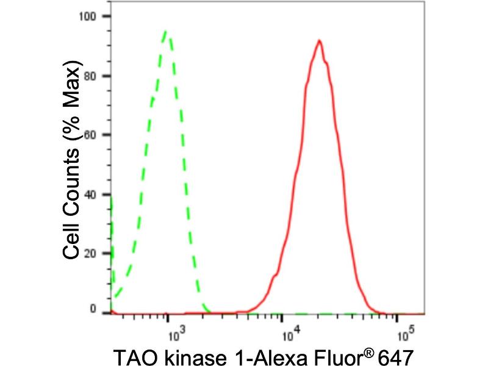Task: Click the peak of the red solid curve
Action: pyautogui.click(x=318, y=41)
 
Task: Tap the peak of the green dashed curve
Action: pyautogui.click(x=166, y=32)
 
